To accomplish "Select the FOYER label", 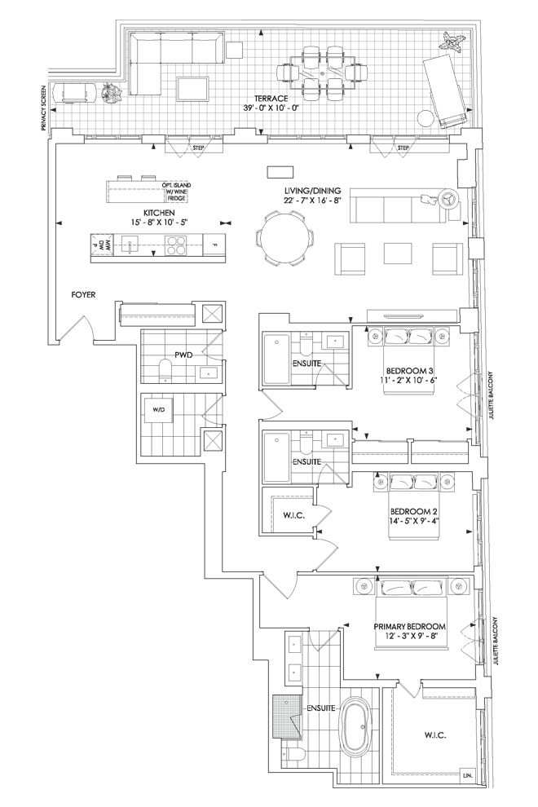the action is coord(83,295).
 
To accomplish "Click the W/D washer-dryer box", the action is coord(157,410).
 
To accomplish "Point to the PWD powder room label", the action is coord(183,355).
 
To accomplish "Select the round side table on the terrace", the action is coord(426,118).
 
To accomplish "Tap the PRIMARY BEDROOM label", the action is coord(410,626).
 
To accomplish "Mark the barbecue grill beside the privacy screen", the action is coord(77,93).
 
